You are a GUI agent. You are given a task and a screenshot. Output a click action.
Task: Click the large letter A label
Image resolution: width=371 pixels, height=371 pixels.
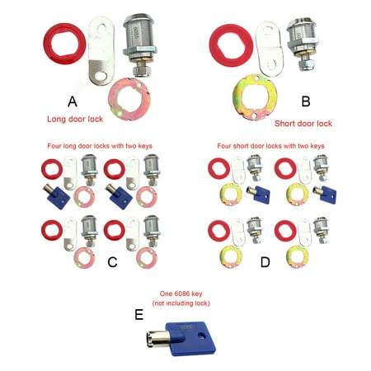(x=73, y=101)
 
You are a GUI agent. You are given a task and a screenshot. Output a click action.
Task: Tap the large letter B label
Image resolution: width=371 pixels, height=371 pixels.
(x=306, y=101)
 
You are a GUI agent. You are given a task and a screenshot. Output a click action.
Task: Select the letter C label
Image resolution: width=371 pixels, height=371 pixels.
(x=112, y=262)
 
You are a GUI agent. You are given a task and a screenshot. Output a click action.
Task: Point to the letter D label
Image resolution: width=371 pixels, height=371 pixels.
(x=265, y=262)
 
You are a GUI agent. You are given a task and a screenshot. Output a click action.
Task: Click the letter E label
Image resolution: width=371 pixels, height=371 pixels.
(x=139, y=315)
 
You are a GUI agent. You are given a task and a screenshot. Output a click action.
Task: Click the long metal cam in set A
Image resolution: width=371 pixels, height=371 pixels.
(x=101, y=52)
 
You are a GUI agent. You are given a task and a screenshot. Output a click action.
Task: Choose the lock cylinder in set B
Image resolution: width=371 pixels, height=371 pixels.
(x=303, y=44)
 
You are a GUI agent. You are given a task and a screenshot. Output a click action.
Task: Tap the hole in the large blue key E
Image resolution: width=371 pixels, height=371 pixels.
(x=202, y=336)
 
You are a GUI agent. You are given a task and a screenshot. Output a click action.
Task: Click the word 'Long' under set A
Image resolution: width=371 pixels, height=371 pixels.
(x=56, y=120)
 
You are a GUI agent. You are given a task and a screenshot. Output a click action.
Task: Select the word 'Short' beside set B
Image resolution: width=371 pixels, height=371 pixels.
(x=284, y=124)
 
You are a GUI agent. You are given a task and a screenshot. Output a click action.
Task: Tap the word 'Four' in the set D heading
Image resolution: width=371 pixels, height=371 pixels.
(x=224, y=146)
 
